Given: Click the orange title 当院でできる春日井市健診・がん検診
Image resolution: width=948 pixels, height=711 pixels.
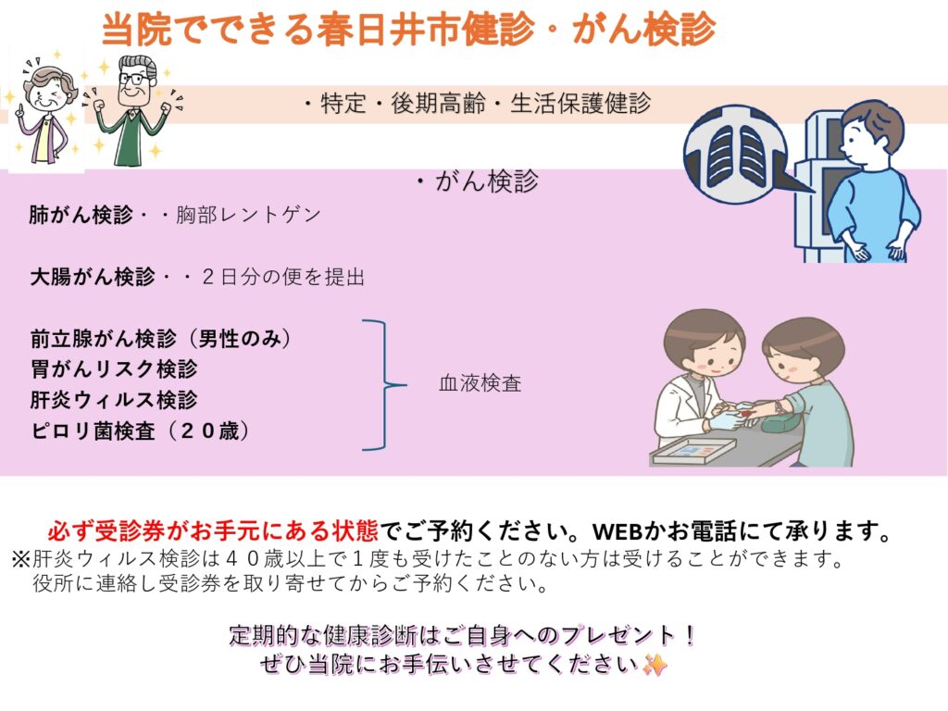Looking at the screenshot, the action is [408, 28].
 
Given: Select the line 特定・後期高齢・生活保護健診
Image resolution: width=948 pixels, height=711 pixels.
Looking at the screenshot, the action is [477, 104].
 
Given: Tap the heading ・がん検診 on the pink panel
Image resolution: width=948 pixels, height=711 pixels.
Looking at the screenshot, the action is [477, 181].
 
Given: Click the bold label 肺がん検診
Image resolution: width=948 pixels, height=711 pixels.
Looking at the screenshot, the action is [81, 215].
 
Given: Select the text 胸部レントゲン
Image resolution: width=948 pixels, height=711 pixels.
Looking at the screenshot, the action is [248, 215].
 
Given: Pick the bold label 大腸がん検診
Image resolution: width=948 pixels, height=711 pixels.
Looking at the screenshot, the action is [94, 277].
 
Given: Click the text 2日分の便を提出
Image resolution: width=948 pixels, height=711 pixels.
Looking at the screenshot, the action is [283, 277].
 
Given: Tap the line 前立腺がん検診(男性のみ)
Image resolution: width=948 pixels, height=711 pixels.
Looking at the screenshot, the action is [161, 339].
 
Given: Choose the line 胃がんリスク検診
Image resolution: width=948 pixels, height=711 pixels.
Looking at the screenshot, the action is [114, 369].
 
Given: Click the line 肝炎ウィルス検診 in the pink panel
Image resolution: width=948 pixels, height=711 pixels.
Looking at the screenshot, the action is [114, 400].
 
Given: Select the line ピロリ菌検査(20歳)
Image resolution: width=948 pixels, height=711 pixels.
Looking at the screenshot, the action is [141, 431].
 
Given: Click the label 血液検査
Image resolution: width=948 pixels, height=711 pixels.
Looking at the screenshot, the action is [480, 383].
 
